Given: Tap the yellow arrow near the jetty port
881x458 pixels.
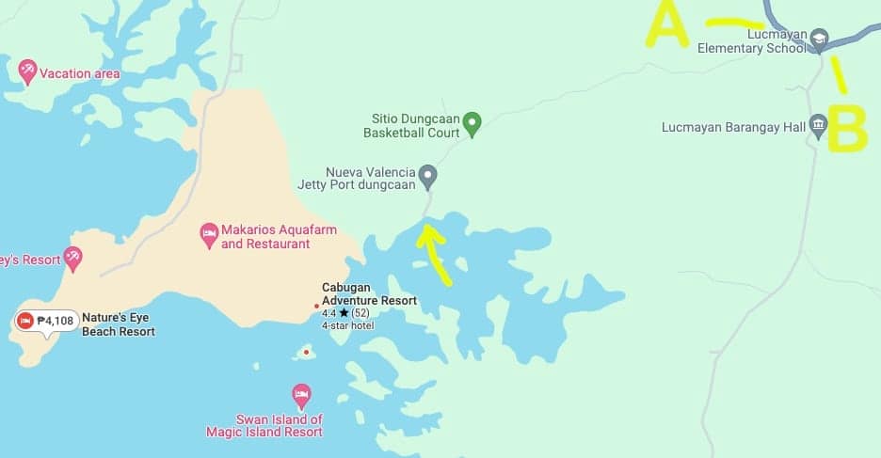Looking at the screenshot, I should tap(435, 252).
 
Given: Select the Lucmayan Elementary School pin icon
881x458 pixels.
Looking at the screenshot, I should tap(819, 38).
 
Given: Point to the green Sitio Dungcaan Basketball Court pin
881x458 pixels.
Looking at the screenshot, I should tap(473, 121).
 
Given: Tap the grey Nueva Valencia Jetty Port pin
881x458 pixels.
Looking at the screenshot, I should tap(428, 174).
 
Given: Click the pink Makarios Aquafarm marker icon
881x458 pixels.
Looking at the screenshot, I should tap(210, 232).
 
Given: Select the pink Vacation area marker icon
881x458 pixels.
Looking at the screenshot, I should tap(28, 70).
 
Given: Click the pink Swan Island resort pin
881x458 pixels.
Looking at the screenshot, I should tap(301, 394).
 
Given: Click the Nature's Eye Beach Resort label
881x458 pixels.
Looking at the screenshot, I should tap(118, 324).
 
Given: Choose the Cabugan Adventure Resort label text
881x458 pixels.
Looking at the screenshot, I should tap(369, 293).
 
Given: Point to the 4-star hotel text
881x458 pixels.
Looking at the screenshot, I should tap(348, 325).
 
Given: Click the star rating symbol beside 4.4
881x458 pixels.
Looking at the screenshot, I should tap(344, 312).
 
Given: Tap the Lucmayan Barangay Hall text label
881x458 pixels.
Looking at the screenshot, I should tap(733, 126).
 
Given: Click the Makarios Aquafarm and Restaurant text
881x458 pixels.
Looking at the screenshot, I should tap(265, 237).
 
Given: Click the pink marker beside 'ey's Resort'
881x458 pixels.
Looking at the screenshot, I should tap(72, 256).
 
